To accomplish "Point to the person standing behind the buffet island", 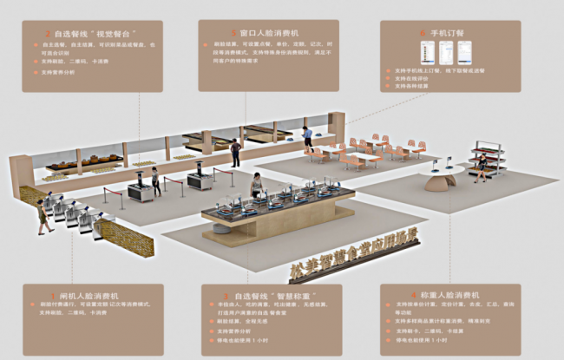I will [256, 185].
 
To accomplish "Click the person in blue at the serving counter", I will [307, 136].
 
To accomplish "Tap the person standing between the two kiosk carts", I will [156, 180].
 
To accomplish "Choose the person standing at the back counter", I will [235, 152].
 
